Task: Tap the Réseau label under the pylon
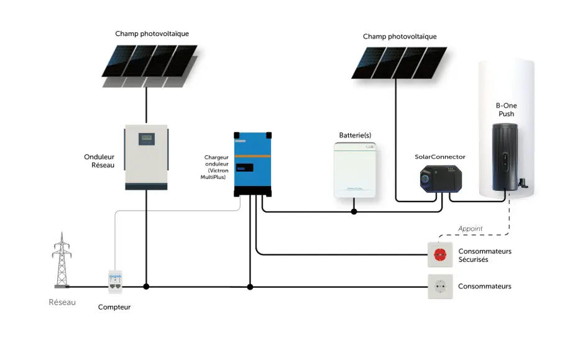pyautogui.click(x=62, y=303)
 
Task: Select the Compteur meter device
pyautogui.click(x=115, y=284)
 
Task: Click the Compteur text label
pyautogui.click(x=114, y=307)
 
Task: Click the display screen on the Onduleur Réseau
pyautogui.click(x=146, y=138)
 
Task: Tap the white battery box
pyautogui.click(x=354, y=170)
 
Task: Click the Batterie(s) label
pyautogui.click(x=355, y=135)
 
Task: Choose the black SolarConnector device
pyautogui.click(x=440, y=178)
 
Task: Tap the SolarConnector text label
pyautogui.click(x=440, y=157)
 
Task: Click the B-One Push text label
pyautogui.click(x=507, y=110)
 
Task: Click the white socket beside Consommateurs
pyautogui.click(x=440, y=287)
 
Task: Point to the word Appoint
pyautogui.click(x=470, y=229)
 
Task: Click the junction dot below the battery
pyautogui.click(x=354, y=212)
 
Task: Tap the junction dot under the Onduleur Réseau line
pyautogui.click(x=146, y=287)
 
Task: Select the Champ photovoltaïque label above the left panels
pyautogui.click(x=152, y=34)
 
